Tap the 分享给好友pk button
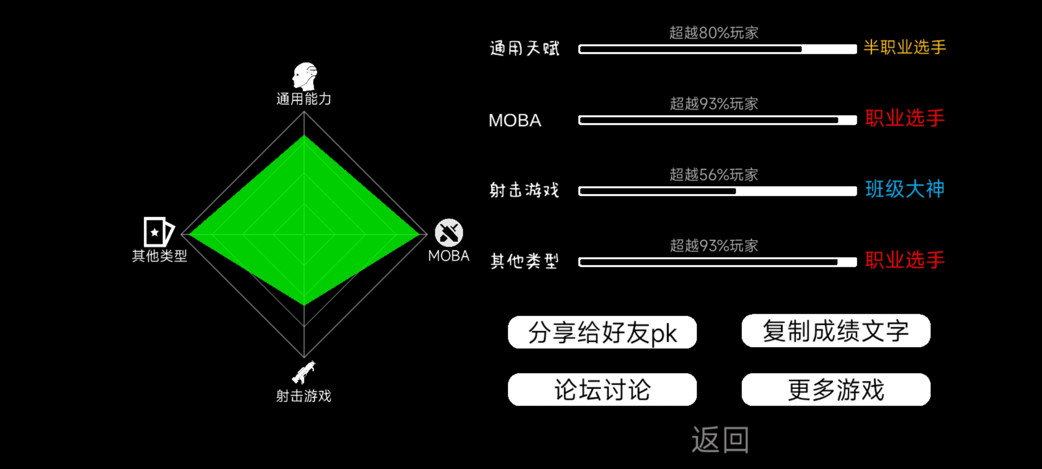pyautogui.click(x=602, y=332)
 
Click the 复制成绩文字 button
pyautogui.click(x=836, y=330)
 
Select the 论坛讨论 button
pyautogui.click(x=602, y=390)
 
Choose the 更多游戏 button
pyautogui.click(x=836, y=390)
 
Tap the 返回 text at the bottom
pyautogui.click(x=720, y=439)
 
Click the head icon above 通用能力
pyautogui.click(x=305, y=76)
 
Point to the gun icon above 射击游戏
pyautogui.click(x=304, y=372)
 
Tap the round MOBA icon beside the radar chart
pyautogui.click(x=449, y=233)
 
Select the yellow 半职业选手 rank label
pyautogui.click(x=905, y=47)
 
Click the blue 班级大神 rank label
pyautogui.click(x=905, y=189)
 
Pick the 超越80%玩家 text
pyautogui.click(x=714, y=33)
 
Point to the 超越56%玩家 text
pyautogui.click(x=714, y=175)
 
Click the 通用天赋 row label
pyautogui.click(x=524, y=48)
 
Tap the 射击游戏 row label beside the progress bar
pyautogui.click(x=524, y=190)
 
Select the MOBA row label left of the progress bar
pyautogui.click(x=515, y=120)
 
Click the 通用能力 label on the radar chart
pyautogui.click(x=304, y=99)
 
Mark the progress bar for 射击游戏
pyautogui.click(x=717, y=191)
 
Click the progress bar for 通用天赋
pyautogui.click(x=717, y=49)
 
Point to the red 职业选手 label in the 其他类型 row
pyautogui.click(x=905, y=260)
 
